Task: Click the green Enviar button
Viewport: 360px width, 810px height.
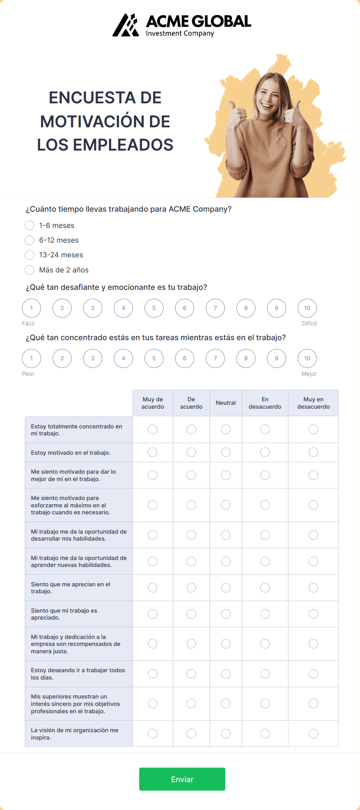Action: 182,779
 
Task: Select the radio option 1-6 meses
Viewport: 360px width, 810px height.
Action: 30,225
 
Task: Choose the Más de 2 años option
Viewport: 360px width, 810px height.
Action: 30,270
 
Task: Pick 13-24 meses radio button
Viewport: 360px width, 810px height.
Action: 30,255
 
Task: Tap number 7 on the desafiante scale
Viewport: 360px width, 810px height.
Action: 215,308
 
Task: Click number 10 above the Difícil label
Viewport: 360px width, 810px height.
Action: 307,308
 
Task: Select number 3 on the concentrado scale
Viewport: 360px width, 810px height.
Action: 93,358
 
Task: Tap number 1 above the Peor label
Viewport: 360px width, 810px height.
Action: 31,358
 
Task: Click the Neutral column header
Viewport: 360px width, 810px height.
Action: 226,403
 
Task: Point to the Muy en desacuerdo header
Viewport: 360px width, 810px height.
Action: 313,403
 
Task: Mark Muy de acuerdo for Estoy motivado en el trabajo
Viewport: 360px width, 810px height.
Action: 153,452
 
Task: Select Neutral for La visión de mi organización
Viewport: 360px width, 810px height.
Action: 226,733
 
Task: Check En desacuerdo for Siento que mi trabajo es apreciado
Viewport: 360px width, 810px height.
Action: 265,614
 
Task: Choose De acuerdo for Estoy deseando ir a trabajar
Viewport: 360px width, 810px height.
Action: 191,674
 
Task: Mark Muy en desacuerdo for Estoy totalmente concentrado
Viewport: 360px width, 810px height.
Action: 313,429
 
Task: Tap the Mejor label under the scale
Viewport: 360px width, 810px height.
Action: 309,374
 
